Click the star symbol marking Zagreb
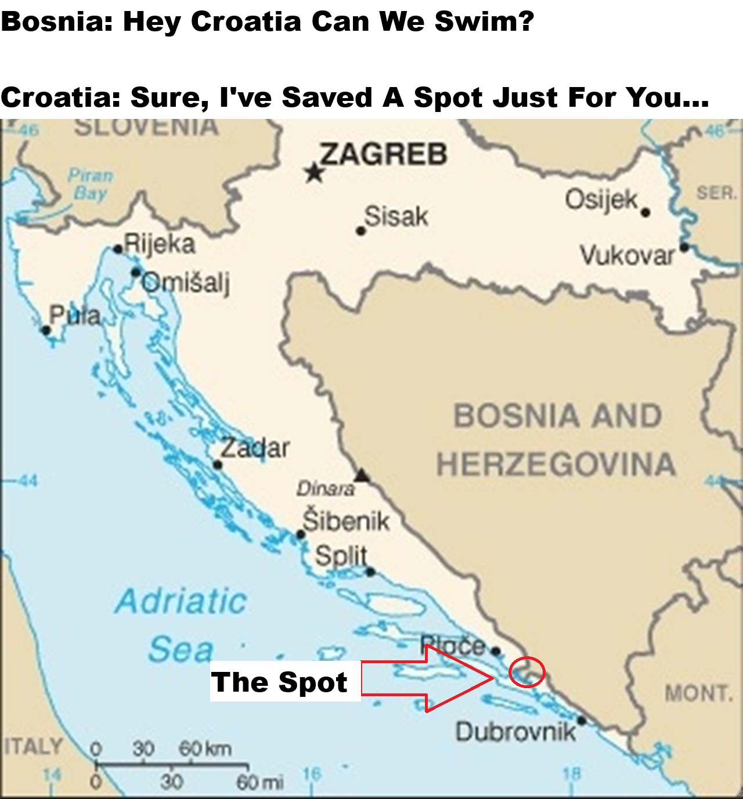pyautogui.click(x=314, y=172)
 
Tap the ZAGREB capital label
pyautogui.click(x=384, y=154)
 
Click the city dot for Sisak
pyautogui.click(x=360, y=231)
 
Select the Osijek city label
pyautogui.click(x=601, y=200)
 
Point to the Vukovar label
pyautogui.click(x=627, y=256)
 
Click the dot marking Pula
pyautogui.click(x=46, y=331)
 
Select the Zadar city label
pyautogui.click(x=255, y=448)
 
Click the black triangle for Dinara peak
pyautogui.click(x=362, y=476)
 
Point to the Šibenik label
pyautogui.click(x=347, y=521)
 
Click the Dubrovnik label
pyautogui.click(x=515, y=732)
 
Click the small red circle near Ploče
pyautogui.click(x=527, y=672)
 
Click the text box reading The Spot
pyautogui.click(x=280, y=682)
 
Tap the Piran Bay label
pyautogui.click(x=91, y=184)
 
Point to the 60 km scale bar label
pyautogui.click(x=205, y=749)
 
